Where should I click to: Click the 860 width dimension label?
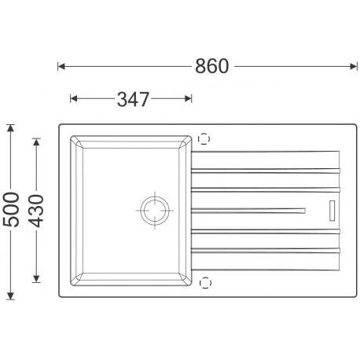pyautogui.click(x=211, y=66)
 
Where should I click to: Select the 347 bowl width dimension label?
pyautogui.click(x=133, y=99)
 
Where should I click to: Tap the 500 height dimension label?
pyautogui.click(x=11, y=209)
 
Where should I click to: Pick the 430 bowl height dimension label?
pyautogui.click(x=36, y=211)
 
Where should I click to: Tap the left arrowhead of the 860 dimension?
pyautogui.click(x=61, y=66)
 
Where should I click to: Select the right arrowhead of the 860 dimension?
pyautogui.click(x=354, y=66)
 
